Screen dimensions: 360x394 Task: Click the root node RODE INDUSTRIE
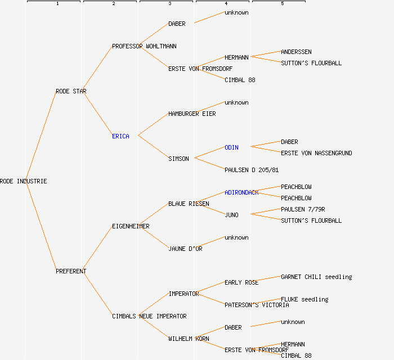24,181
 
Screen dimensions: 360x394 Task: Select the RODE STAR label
71,91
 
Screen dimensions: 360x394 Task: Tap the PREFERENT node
71,271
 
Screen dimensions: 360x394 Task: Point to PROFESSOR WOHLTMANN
144,46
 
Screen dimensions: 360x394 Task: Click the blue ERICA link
120,136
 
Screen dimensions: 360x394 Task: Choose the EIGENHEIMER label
131,226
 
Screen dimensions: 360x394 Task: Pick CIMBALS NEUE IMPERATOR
149,316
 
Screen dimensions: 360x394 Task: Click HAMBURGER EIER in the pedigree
192,114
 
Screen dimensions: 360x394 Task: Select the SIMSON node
178,159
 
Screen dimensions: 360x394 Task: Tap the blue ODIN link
231,147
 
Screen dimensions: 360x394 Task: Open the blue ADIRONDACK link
241,192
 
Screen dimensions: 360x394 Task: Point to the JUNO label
231,215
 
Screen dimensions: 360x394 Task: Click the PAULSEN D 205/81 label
252,170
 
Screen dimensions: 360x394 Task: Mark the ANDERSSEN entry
296,52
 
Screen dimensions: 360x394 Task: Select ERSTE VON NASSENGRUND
316,153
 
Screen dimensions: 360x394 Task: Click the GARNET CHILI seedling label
316,277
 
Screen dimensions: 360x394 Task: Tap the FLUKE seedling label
305,299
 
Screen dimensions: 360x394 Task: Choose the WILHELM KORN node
189,339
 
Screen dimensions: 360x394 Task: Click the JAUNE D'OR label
185,249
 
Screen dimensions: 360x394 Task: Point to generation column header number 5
283,4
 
